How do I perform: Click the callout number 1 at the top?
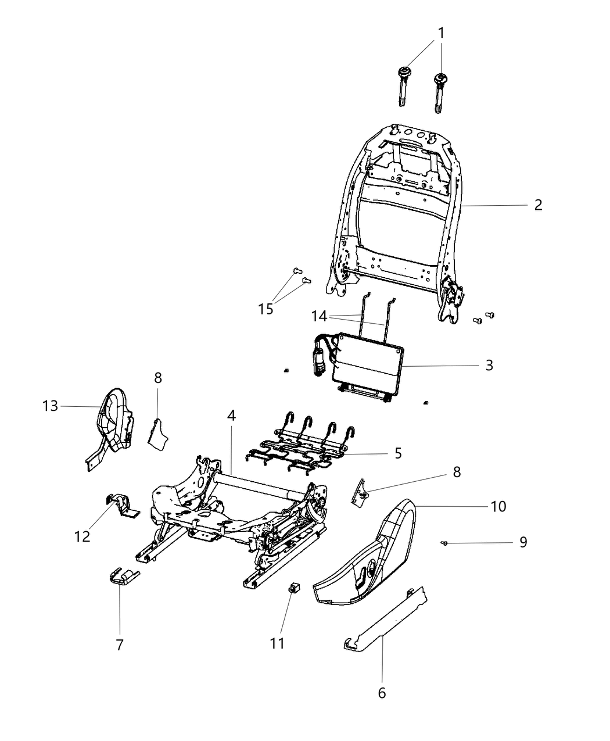click(x=441, y=33)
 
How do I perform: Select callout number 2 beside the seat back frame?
click(x=538, y=205)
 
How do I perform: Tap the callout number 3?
click(x=489, y=365)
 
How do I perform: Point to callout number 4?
click(x=231, y=416)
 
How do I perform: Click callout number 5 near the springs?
click(x=398, y=453)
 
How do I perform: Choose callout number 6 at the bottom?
click(x=382, y=693)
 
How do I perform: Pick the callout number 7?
click(x=120, y=645)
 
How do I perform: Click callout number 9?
click(x=523, y=542)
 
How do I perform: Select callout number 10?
click(x=498, y=506)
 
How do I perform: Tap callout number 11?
click(x=278, y=643)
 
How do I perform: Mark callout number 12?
click(x=82, y=536)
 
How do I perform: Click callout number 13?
click(x=51, y=406)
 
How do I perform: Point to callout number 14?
click(x=319, y=317)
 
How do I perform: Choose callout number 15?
click(x=265, y=309)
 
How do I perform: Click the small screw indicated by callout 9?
click(x=444, y=543)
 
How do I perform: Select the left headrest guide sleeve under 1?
click(x=401, y=87)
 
